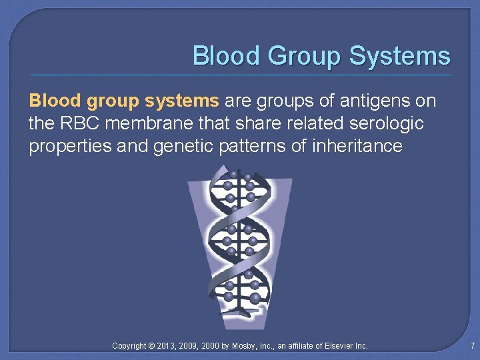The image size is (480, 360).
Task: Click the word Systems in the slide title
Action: click(x=399, y=56)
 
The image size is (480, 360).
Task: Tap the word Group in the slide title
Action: click(x=303, y=56)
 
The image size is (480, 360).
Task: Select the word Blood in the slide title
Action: click(x=226, y=56)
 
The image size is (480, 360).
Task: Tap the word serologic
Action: click(x=389, y=123)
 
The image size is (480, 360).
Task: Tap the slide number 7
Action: click(x=471, y=346)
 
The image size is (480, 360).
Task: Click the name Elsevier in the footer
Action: click(x=340, y=346)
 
